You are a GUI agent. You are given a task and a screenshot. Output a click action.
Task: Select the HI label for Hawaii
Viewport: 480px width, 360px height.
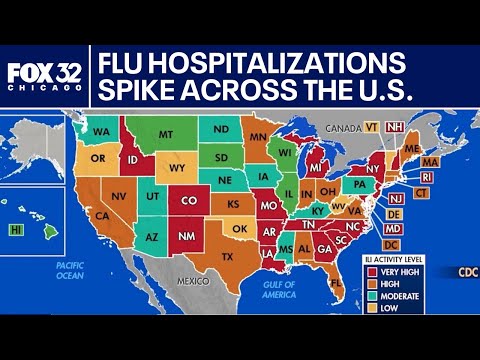point(16,229)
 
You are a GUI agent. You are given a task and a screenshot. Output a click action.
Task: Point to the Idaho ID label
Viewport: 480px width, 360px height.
point(131,160)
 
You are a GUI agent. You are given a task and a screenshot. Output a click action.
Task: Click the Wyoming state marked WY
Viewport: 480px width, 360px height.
point(178,167)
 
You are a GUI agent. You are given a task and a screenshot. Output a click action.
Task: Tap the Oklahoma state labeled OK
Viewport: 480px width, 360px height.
point(238,228)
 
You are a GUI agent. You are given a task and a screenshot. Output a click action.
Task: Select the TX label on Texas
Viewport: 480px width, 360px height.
point(227,257)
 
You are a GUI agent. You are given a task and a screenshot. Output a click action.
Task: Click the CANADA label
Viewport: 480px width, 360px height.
point(342,127)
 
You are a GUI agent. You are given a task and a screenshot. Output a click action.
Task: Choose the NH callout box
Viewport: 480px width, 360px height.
point(395,127)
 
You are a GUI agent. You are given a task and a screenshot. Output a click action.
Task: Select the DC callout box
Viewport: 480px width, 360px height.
point(392,244)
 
